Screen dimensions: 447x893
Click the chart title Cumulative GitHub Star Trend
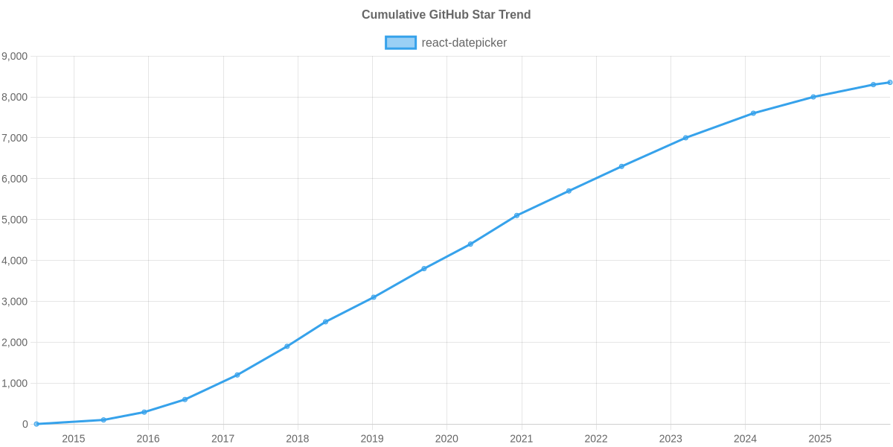point(446,15)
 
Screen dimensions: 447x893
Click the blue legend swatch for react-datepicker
point(400,42)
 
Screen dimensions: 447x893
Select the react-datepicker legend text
point(464,42)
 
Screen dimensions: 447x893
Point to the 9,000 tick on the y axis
point(15,57)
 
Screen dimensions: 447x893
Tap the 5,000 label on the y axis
point(15,220)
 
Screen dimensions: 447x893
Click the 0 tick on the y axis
point(25,425)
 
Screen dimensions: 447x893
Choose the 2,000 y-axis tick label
point(15,343)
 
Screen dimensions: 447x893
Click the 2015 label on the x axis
point(74,439)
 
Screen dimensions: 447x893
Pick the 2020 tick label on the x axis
point(446,439)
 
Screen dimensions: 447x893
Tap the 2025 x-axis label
point(819,439)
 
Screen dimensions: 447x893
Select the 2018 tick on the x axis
point(298,439)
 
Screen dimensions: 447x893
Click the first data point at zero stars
point(36,424)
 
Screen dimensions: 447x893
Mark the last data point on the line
point(889,83)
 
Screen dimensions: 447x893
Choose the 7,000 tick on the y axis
point(15,139)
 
